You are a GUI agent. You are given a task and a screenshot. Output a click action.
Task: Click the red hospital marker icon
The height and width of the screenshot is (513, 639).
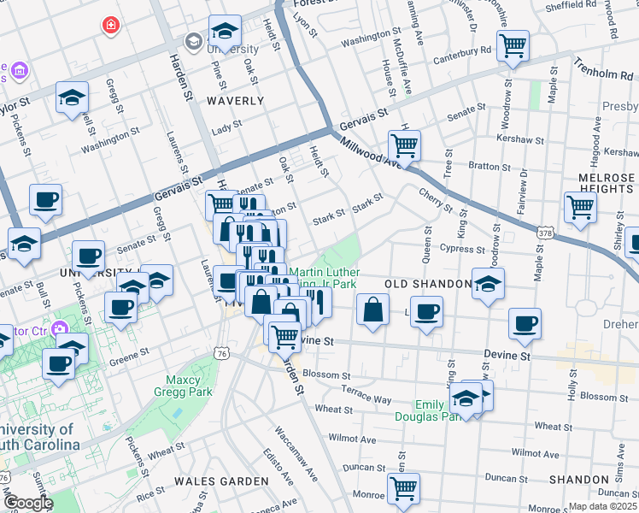pyautogui.click(x=109, y=26)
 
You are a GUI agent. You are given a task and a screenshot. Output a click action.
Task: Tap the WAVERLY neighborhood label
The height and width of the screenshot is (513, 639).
pyautogui.click(x=235, y=101)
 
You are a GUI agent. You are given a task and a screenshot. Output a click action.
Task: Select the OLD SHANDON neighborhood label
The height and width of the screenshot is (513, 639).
pyautogui.click(x=427, y=283)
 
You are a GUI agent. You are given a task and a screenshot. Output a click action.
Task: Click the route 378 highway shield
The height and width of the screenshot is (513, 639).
pyautogui.click(x=545, y=232)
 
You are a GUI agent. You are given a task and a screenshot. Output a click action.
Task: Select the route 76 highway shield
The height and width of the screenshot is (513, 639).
pyautogui.click(x=222, y=352)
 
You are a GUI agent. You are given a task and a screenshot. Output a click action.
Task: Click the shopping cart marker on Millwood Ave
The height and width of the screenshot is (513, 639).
pyautogui.click(x=404, y=144)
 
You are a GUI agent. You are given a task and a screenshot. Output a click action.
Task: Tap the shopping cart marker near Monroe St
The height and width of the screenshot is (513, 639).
pyautogui.click(x=403, y=489)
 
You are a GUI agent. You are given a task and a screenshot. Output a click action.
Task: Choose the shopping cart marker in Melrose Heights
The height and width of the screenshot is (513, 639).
pyautogui.click(x=580, y=206)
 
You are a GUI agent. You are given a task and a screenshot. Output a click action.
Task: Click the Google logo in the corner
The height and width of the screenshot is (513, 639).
pyautogui.click(x=27, y=503)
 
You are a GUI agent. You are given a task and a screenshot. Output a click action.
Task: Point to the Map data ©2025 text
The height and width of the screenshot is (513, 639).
pyautogui.click(x=602, y=506)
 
